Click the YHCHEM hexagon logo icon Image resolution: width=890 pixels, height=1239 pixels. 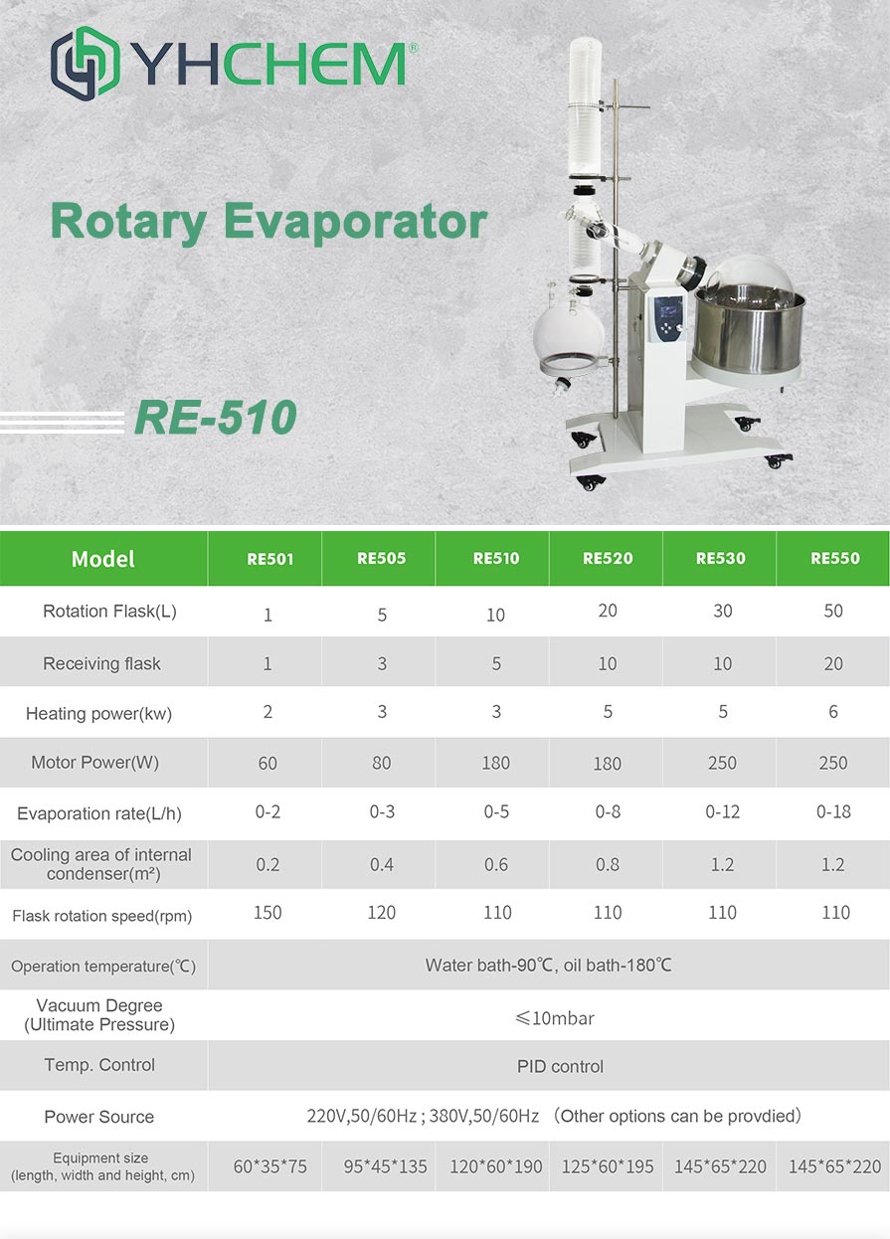tap(85, 63)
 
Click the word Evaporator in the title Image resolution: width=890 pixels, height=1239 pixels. tap(355, 222)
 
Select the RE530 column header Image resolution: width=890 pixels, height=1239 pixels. tap(720, 558)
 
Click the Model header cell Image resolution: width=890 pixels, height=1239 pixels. tap(102, 559)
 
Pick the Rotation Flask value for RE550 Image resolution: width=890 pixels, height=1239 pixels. tap(833, 611)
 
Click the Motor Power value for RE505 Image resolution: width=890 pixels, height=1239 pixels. tap(381, 764)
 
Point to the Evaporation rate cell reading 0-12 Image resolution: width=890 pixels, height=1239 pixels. tap(722, 812)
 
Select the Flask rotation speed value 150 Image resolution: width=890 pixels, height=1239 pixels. tap(267, 912)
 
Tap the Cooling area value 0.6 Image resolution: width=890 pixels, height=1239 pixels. tap(495, 864)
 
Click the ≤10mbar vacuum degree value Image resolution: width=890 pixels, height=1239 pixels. tap(555, 1018)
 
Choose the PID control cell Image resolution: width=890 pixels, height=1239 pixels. tap(560, 1066)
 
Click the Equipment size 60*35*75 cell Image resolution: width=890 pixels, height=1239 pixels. tap(269, 1166)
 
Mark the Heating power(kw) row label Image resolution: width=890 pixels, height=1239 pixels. tap(99, 714)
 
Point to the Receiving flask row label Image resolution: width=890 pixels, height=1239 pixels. tap(101, 663)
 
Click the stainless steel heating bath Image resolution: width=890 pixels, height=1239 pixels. tap(750, 332)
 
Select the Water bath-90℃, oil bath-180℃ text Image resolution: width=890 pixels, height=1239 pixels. tap(548, 966)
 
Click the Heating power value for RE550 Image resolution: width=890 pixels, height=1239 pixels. tap(833, 711)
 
